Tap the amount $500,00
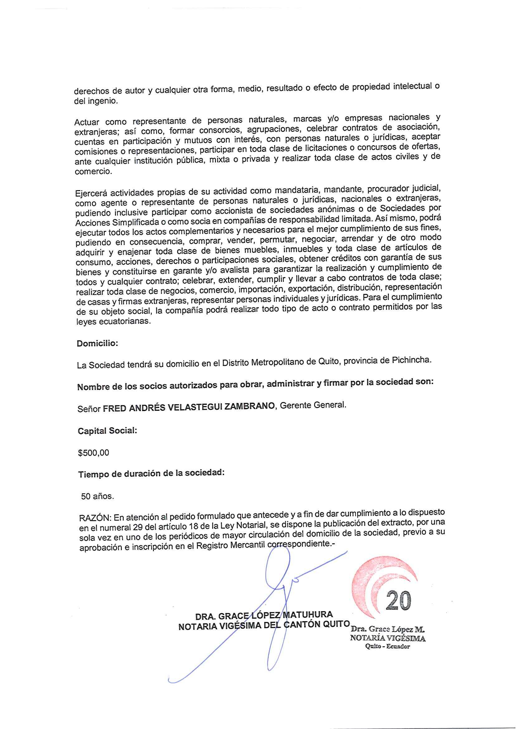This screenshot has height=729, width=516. click(x=94, y=453)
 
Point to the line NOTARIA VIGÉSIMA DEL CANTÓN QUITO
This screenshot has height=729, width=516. click(x=264, y=625)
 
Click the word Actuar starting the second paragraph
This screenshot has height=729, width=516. click(x=87, y=122)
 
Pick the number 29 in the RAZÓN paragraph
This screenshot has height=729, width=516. click(x=135, y=528)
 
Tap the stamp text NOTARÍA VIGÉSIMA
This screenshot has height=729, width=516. click(x=388, y=638)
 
